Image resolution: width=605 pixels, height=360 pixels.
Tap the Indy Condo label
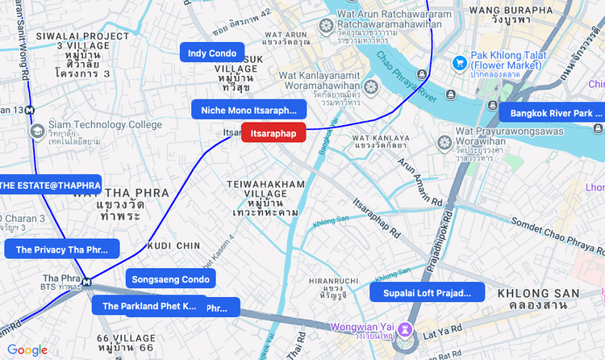(211, 53)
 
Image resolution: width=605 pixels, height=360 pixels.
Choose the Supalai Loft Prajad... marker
(428, 292)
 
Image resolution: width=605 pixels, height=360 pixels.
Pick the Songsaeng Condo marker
(171, 279)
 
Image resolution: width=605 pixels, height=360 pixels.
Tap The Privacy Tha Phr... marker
(62, 249)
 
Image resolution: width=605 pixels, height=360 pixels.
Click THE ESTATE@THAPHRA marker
(50, 185)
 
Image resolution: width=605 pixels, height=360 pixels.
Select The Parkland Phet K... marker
(149, 306)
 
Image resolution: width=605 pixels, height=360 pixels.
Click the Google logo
(27, 350)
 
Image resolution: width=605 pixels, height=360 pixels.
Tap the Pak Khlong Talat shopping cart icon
(460, 61)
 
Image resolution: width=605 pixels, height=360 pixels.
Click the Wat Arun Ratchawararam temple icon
(326, 27)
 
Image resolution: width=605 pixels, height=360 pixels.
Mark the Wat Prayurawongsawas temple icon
(443, 143)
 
